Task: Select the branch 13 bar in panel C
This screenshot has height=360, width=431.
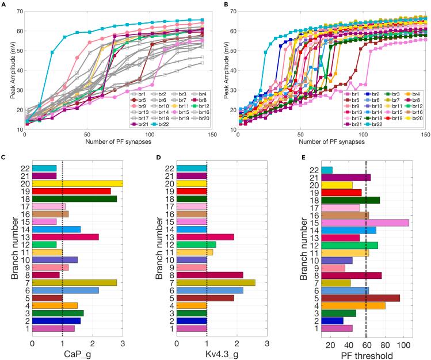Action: pyautogui.click(x=66, y=237)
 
